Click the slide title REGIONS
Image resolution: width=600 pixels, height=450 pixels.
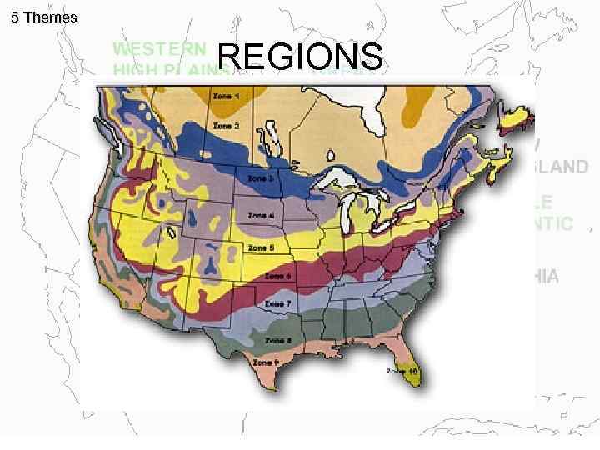pos(302,57)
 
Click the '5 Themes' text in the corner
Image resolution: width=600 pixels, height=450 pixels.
pos(44,17)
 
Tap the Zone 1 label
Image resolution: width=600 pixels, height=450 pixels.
pos(225,97)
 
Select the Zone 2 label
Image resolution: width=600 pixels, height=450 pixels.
pos(226,126)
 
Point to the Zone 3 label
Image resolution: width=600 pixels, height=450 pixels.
pos(257,177)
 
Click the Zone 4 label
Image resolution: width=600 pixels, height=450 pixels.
pos(261,214)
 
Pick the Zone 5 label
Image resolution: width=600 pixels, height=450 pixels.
pos(261,248)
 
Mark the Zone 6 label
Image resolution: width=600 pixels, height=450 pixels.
pos(277,276)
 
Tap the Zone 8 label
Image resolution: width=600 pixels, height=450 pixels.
pos(277,340)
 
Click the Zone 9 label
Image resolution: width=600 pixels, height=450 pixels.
pos(266,363)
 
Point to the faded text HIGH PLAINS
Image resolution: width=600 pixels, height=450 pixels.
pos(172,70)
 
